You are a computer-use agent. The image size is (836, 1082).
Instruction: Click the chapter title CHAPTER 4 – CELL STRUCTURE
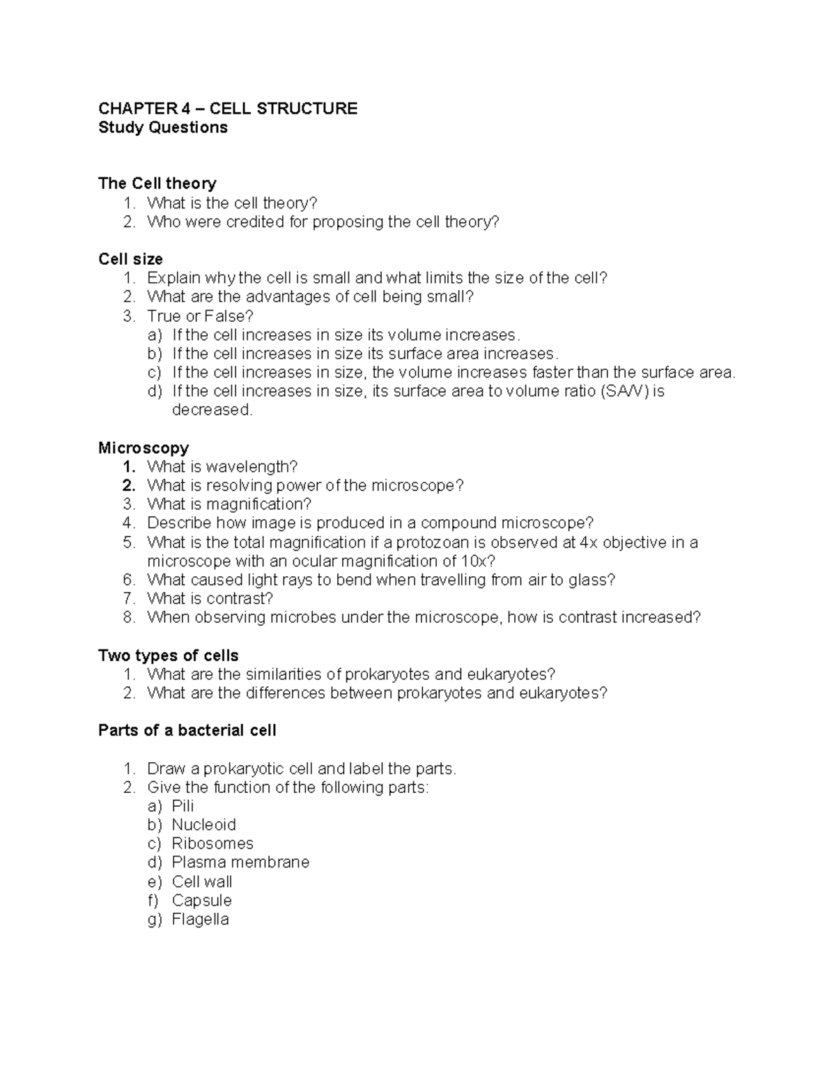pyautogui.click(x=228, y=109)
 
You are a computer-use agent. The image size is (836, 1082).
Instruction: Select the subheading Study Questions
pyautogui.click(x=163, y=127)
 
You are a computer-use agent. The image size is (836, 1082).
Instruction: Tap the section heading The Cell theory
pyautogui.click(x=157, y=183)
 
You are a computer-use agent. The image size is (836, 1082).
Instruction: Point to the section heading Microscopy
pyautogui.click(x=144, y=447)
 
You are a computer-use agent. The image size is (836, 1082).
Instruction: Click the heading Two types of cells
pyautogui.click(x=169, y=656)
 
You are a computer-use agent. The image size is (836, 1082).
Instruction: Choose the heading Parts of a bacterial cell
pyautogui.click(x=187, y=730)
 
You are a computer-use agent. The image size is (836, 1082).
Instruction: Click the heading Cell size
pyautogui.click(x=131, y=259)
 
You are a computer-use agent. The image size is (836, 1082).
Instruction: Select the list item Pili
pyautogui.click(x=183, y=806)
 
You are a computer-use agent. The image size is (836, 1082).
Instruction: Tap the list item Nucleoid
pyautogui.click(x=203, y=825)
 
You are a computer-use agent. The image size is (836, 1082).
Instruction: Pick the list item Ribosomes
pyautogui.click(x=212, y=844)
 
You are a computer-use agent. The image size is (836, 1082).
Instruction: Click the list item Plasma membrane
pyautogui.click(x=240, y=863)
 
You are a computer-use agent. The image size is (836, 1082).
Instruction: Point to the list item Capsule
pyautogui.click(x=201, y=900)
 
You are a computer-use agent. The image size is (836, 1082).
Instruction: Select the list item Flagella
pyautogui.click(x=200, y=919)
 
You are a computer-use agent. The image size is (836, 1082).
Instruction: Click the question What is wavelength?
pyautogui.click(x=222, y=467)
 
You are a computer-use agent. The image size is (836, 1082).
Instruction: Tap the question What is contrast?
pyautogui.click(x=210, y=598)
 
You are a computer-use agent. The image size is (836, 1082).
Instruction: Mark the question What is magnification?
pyautogui.click(x=229, y=504)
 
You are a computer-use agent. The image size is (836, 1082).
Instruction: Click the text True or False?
pyautogui.click(x=200, y=316)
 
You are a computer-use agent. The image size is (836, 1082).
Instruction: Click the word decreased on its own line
pyautogui.click(x=211, y=410)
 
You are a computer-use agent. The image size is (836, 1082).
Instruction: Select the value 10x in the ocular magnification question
pyautogui.click(x=477, y=562)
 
